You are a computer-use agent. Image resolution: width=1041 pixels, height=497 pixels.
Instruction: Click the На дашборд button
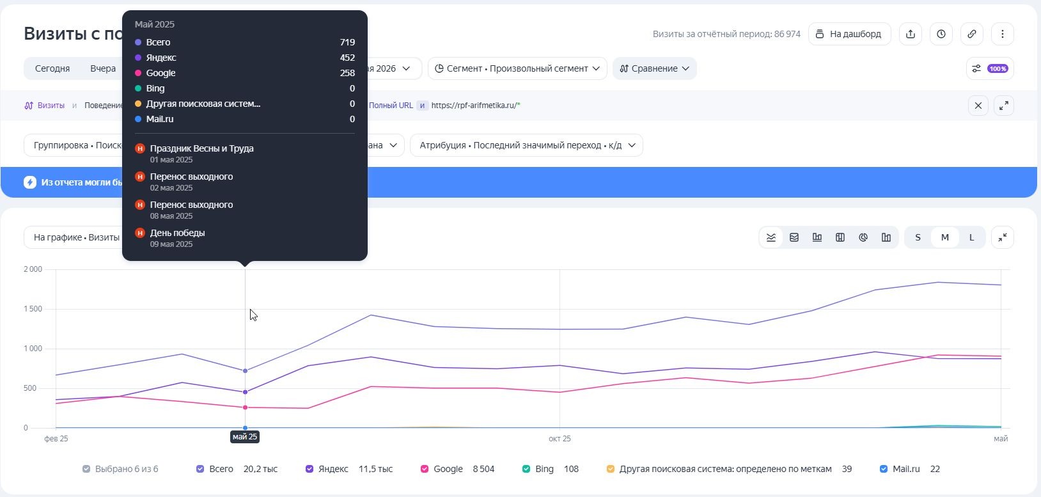[850, 34]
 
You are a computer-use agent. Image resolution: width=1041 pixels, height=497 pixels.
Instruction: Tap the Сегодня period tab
[52, 68]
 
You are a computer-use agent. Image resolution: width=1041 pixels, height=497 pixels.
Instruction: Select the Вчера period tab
[103, 68]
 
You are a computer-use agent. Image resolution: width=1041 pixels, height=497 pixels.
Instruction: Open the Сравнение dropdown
[654, 68]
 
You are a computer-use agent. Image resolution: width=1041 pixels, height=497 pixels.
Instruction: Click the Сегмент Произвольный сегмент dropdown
[517, 68]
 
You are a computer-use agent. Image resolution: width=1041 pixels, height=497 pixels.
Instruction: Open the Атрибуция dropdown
[526, 145]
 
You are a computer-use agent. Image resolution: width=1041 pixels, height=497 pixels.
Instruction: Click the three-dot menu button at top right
[1003, 34]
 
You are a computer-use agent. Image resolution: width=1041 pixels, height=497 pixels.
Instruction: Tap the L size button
[971, 237]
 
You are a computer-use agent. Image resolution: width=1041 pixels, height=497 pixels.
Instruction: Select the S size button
[918, 237]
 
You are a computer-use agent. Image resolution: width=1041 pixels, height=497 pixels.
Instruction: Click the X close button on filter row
[978, 106]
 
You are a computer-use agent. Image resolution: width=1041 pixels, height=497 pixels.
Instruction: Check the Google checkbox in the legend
[425, 469]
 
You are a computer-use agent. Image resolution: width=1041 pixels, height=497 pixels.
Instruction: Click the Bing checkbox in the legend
[526, 469]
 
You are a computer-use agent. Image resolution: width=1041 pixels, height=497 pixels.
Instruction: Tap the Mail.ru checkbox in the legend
[884, 469]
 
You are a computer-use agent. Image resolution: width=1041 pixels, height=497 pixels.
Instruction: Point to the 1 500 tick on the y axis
[33, 309]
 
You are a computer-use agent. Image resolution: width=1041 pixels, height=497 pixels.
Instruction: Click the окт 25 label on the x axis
[560, 438]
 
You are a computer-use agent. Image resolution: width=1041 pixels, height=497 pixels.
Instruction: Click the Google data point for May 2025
[246, 407]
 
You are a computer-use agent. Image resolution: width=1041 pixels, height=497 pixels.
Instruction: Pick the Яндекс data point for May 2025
[246, 392]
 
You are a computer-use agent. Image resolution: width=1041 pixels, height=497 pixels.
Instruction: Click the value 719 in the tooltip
[347, 42]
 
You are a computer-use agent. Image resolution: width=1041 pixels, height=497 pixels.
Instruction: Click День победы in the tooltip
[178, 233]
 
